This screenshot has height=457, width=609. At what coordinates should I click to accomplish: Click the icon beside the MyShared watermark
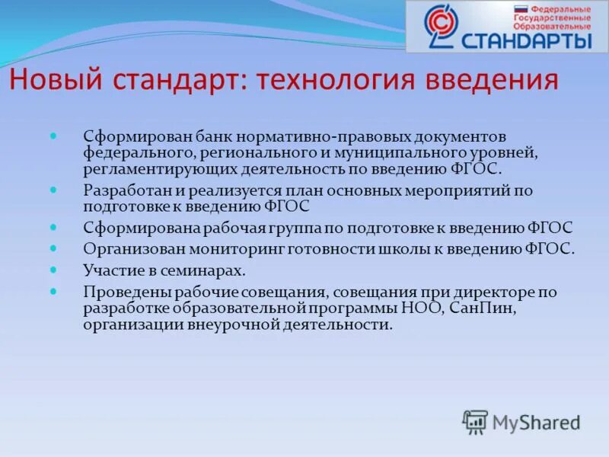[x=475, y=421]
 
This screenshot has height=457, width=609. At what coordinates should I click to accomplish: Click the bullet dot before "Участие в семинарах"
[x=53, y=268]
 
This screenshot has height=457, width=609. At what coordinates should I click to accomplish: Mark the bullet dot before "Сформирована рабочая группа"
[x=53, y=226]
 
